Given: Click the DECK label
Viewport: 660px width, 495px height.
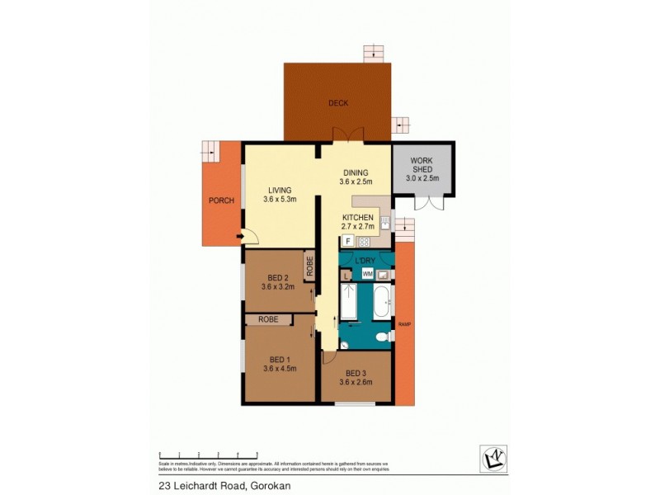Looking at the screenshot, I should click(x=337, y=103).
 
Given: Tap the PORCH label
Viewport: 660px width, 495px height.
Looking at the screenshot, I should click(x=220, y=200).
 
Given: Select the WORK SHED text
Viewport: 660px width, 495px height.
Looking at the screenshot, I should click(x=422, y=165).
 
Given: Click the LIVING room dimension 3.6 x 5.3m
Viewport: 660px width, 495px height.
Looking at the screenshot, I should click(x=280, y=199).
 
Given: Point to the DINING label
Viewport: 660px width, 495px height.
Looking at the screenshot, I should click(x=356, y=172).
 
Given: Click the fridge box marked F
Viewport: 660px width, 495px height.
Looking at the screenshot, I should click(x=348, y=241).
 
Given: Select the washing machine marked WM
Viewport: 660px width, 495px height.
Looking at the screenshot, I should click(x=368, y=272).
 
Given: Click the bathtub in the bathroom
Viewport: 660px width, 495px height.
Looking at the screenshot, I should click(x=382, y=303).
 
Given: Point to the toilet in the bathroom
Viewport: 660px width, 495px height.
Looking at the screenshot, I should click(x=381, y=337).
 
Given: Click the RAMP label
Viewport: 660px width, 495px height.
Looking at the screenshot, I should click(x=404, y=324).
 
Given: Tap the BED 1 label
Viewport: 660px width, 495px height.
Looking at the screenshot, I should click(x=280, y=359).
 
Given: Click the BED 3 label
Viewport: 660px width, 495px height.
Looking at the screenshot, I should click(x=356, y=371).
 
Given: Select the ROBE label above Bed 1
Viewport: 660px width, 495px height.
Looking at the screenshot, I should click(x=267, y=318).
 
